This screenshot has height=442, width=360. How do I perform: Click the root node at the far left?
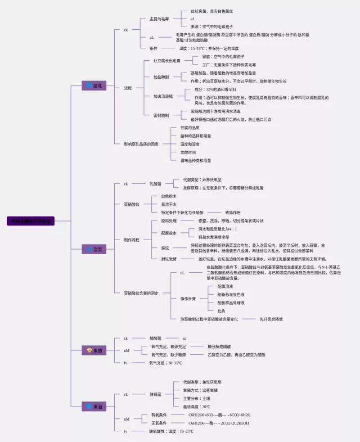pyautogui.click(x=31, y=222)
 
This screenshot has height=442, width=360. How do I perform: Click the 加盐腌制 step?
pyautogui.click(x=161, y=76)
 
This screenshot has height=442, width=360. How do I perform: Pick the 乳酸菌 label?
pyautogui.click(x=156, y=183)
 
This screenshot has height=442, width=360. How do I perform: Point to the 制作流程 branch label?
pyautogui.click(x=132, y=240)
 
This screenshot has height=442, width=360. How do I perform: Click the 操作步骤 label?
pyautogui.click(x=188, y=298)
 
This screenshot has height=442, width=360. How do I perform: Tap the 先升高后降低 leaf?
pyautogui.click(x=271, y=319)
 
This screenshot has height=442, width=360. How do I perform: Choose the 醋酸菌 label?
pyautogui.click(x=156, y=338)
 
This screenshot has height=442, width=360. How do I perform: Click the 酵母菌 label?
pyautogui.click(x=156, y=394)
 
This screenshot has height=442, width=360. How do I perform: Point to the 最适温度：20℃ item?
pyautogui.click(x=196, y=407)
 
